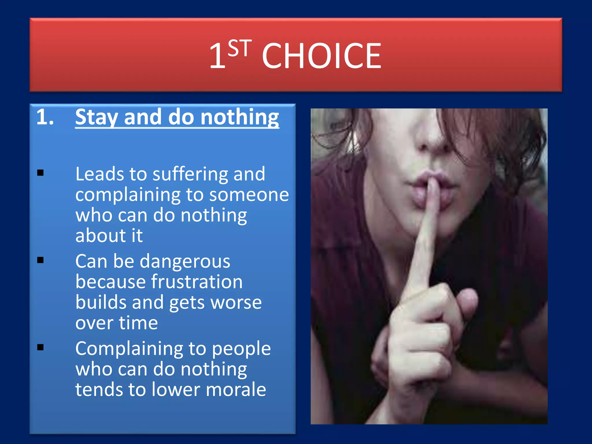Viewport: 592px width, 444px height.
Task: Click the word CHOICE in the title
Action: [321, 55]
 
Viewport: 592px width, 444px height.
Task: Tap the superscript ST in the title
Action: [239, 48]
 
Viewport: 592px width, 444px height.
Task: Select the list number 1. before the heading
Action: [45, 117]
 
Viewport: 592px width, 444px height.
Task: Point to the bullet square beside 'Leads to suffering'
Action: [40, 173]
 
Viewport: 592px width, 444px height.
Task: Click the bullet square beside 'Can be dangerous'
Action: [40, 260]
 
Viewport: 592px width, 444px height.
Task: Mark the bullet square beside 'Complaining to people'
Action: [40, 347]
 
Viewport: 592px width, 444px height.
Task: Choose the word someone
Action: [249, 195]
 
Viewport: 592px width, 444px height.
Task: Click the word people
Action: [241, 349]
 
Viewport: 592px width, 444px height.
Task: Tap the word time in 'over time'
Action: [138, 323]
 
